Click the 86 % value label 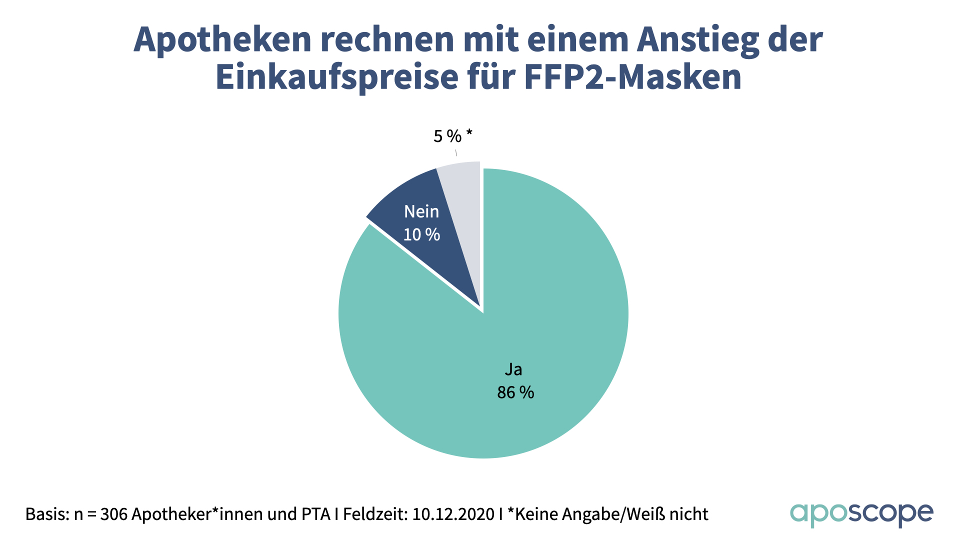(515, 392)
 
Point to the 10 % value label (421, 234)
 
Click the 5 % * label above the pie (452, 136)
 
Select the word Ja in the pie (513, 369)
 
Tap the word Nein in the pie (421, 211)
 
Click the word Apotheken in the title (222, 40)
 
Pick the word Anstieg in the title (698, 40)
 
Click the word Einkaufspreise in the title (336, 77)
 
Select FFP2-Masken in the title (633, 77)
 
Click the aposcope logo (861, 514)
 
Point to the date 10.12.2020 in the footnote (453, 514)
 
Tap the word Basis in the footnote (46, 514)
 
